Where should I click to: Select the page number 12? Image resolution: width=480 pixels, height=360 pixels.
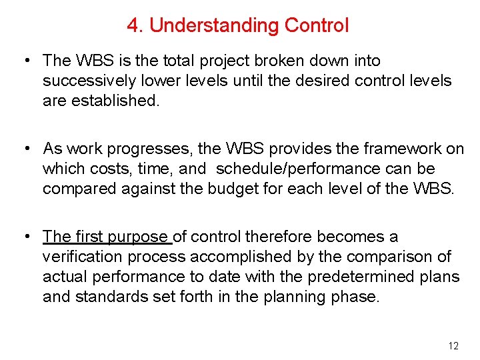pos(453,345)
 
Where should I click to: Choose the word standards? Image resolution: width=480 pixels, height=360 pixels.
pos(109,297)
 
